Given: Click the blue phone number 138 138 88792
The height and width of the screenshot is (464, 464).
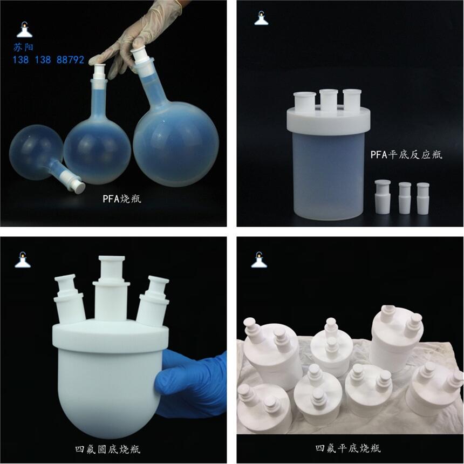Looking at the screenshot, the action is pos(48,60).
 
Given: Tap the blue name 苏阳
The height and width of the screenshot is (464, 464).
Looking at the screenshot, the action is pos(23,47).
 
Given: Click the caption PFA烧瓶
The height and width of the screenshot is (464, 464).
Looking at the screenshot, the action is pos(122,199).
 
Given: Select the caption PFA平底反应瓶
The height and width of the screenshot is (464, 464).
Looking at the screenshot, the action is pos(406,154).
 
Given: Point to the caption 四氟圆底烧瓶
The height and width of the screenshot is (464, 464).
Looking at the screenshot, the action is pos(108,449).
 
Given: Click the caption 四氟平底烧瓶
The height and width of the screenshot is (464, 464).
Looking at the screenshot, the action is pos(348,448).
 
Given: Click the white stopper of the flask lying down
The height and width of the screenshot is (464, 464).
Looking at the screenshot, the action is pos(77,185).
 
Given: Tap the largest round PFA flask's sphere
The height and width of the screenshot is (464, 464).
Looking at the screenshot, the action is pos(176,144).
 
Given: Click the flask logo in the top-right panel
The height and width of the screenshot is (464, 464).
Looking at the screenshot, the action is pos(261,18).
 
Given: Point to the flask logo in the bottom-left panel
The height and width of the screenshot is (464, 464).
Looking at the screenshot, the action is pos(23,260).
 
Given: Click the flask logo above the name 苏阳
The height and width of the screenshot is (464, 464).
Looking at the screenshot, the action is pos(24,30).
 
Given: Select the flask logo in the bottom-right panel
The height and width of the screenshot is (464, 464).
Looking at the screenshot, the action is pos(259,260).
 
